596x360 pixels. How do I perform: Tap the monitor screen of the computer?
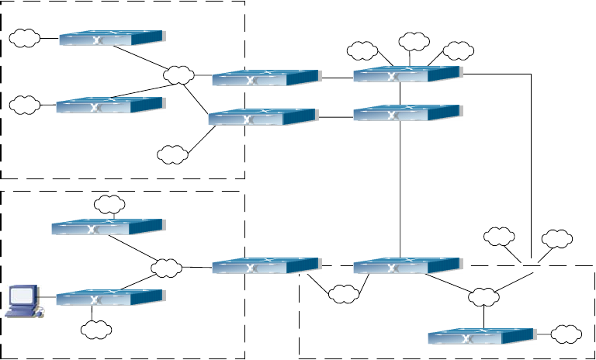[23, 296]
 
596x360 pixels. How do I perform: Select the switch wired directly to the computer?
[109, 297]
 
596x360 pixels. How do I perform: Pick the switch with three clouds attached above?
[407, 74]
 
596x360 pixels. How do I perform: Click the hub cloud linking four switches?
[178, 74]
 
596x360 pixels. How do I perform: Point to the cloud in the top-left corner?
[26, 36]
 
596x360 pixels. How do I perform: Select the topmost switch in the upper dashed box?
[111, 37]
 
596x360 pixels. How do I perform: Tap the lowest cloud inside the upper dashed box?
[172, 154]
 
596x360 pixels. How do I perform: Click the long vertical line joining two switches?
[400, 190]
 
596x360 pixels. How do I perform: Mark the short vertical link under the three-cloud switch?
[400, 94]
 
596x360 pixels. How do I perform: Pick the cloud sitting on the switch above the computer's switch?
[109, 205]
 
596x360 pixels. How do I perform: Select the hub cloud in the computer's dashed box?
[165, 268]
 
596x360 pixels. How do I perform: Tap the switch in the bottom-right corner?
[482, 337]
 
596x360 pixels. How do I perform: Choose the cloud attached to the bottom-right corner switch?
[567, 335]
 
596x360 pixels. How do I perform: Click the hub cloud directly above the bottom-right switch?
[484, 296]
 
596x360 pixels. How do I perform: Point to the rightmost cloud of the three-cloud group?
[459, 50]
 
